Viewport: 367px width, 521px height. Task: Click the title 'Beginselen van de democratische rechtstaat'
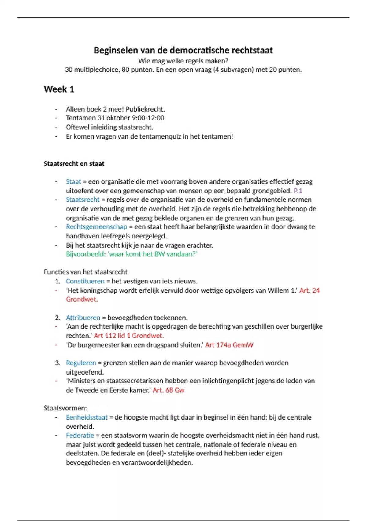coord(183,50)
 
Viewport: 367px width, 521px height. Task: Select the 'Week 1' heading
coord(59,89)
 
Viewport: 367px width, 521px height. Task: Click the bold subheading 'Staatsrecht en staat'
coord(74,164)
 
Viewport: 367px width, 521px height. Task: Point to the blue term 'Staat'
coord(73,182)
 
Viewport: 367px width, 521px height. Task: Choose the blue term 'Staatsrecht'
coord(83,200)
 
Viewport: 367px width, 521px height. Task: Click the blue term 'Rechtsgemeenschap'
coord(96,227)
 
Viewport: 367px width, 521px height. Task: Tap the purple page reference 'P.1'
coord(298,191)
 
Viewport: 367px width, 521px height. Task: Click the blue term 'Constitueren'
coord(85,281)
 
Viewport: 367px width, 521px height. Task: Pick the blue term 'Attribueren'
coord(83,318)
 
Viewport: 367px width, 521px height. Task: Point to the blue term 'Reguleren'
coord(81,363)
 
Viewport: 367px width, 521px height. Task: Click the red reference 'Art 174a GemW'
coord(229,345)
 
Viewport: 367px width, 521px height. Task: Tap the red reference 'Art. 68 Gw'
coord(169,390)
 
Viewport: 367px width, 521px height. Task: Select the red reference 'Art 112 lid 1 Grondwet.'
coord(129,336)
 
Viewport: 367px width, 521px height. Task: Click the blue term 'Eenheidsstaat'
coord(87,417)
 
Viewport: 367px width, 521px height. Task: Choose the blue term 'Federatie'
coord(80,435)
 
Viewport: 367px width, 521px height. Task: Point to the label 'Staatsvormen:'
coord(65,408)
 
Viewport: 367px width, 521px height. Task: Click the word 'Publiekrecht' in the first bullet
coord(145,109)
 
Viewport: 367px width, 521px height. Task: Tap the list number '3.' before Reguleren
coord(58,363)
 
